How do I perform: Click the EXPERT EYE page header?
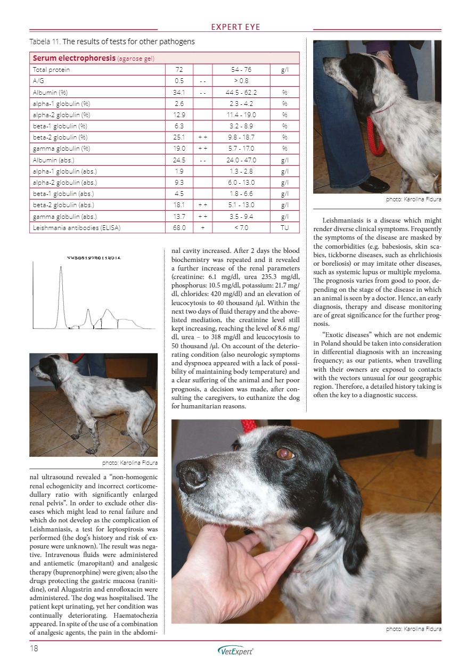pos(235,27)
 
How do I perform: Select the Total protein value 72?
pos(179,70)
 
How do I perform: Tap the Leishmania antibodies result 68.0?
pos(179,227)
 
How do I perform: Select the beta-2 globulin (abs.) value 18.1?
pos(179,204)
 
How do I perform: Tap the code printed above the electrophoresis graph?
pos(95,258)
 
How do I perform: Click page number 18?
pos(35,649)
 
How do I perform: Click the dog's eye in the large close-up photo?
pos(283,454)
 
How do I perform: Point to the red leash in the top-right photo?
pos(375,136)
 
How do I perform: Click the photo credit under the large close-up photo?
pos(413,629)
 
